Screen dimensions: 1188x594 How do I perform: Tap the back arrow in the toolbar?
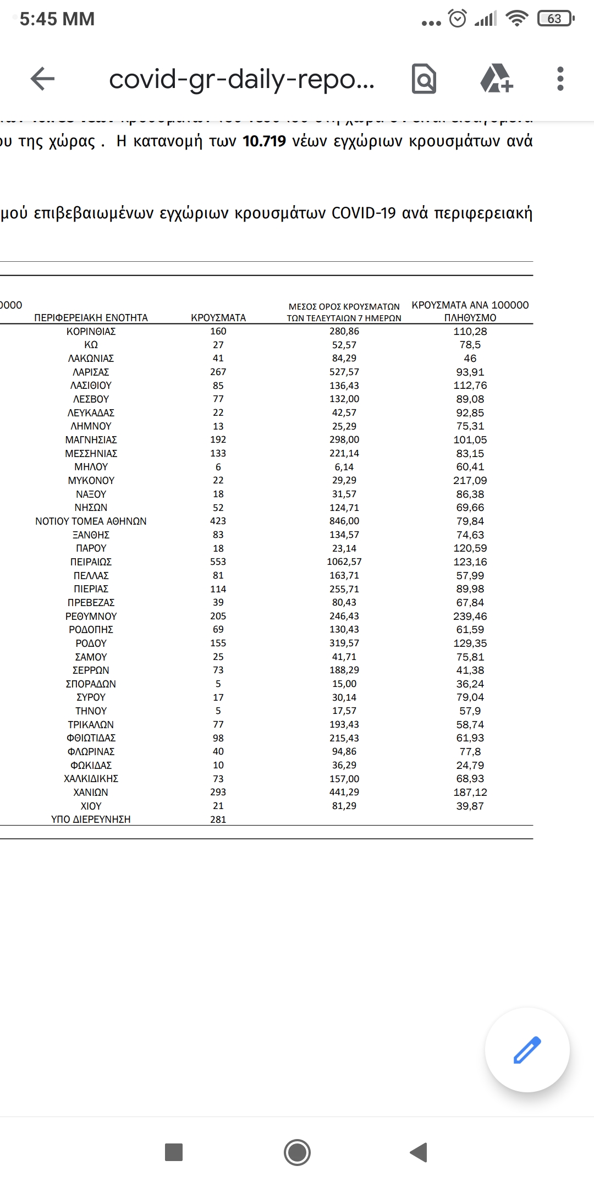(43, 79)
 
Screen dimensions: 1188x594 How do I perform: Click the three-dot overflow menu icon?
(560, 79)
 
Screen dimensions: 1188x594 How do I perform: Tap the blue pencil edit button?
(527, 1049)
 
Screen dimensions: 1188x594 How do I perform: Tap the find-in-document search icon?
(424, 79)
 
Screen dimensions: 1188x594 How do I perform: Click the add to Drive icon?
(497, 79)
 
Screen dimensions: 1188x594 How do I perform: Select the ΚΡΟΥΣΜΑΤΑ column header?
(218, 318)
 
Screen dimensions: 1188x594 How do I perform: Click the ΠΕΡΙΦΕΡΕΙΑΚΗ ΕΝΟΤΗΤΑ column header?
(91, 318)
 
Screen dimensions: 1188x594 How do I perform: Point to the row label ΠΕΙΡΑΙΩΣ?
(91, 562)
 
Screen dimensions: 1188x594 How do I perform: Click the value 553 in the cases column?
(218, 562)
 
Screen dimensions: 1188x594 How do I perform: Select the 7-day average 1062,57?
(344, 562)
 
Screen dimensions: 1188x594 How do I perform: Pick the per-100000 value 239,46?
(470, 616)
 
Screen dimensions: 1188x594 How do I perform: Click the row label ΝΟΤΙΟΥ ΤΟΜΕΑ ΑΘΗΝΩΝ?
(91, 521)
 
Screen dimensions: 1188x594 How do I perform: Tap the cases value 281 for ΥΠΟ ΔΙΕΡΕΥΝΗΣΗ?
(218, 819)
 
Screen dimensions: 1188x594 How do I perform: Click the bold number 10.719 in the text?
(265, 141)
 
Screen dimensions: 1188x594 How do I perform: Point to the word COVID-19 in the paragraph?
(364, 213)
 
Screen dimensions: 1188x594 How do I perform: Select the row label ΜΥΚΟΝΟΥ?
(91, 480)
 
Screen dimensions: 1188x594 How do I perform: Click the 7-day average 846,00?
(344, 521)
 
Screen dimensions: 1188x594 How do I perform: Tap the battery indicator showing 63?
(555, 19)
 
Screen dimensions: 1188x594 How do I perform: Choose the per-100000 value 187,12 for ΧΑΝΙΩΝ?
(470, 792)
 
